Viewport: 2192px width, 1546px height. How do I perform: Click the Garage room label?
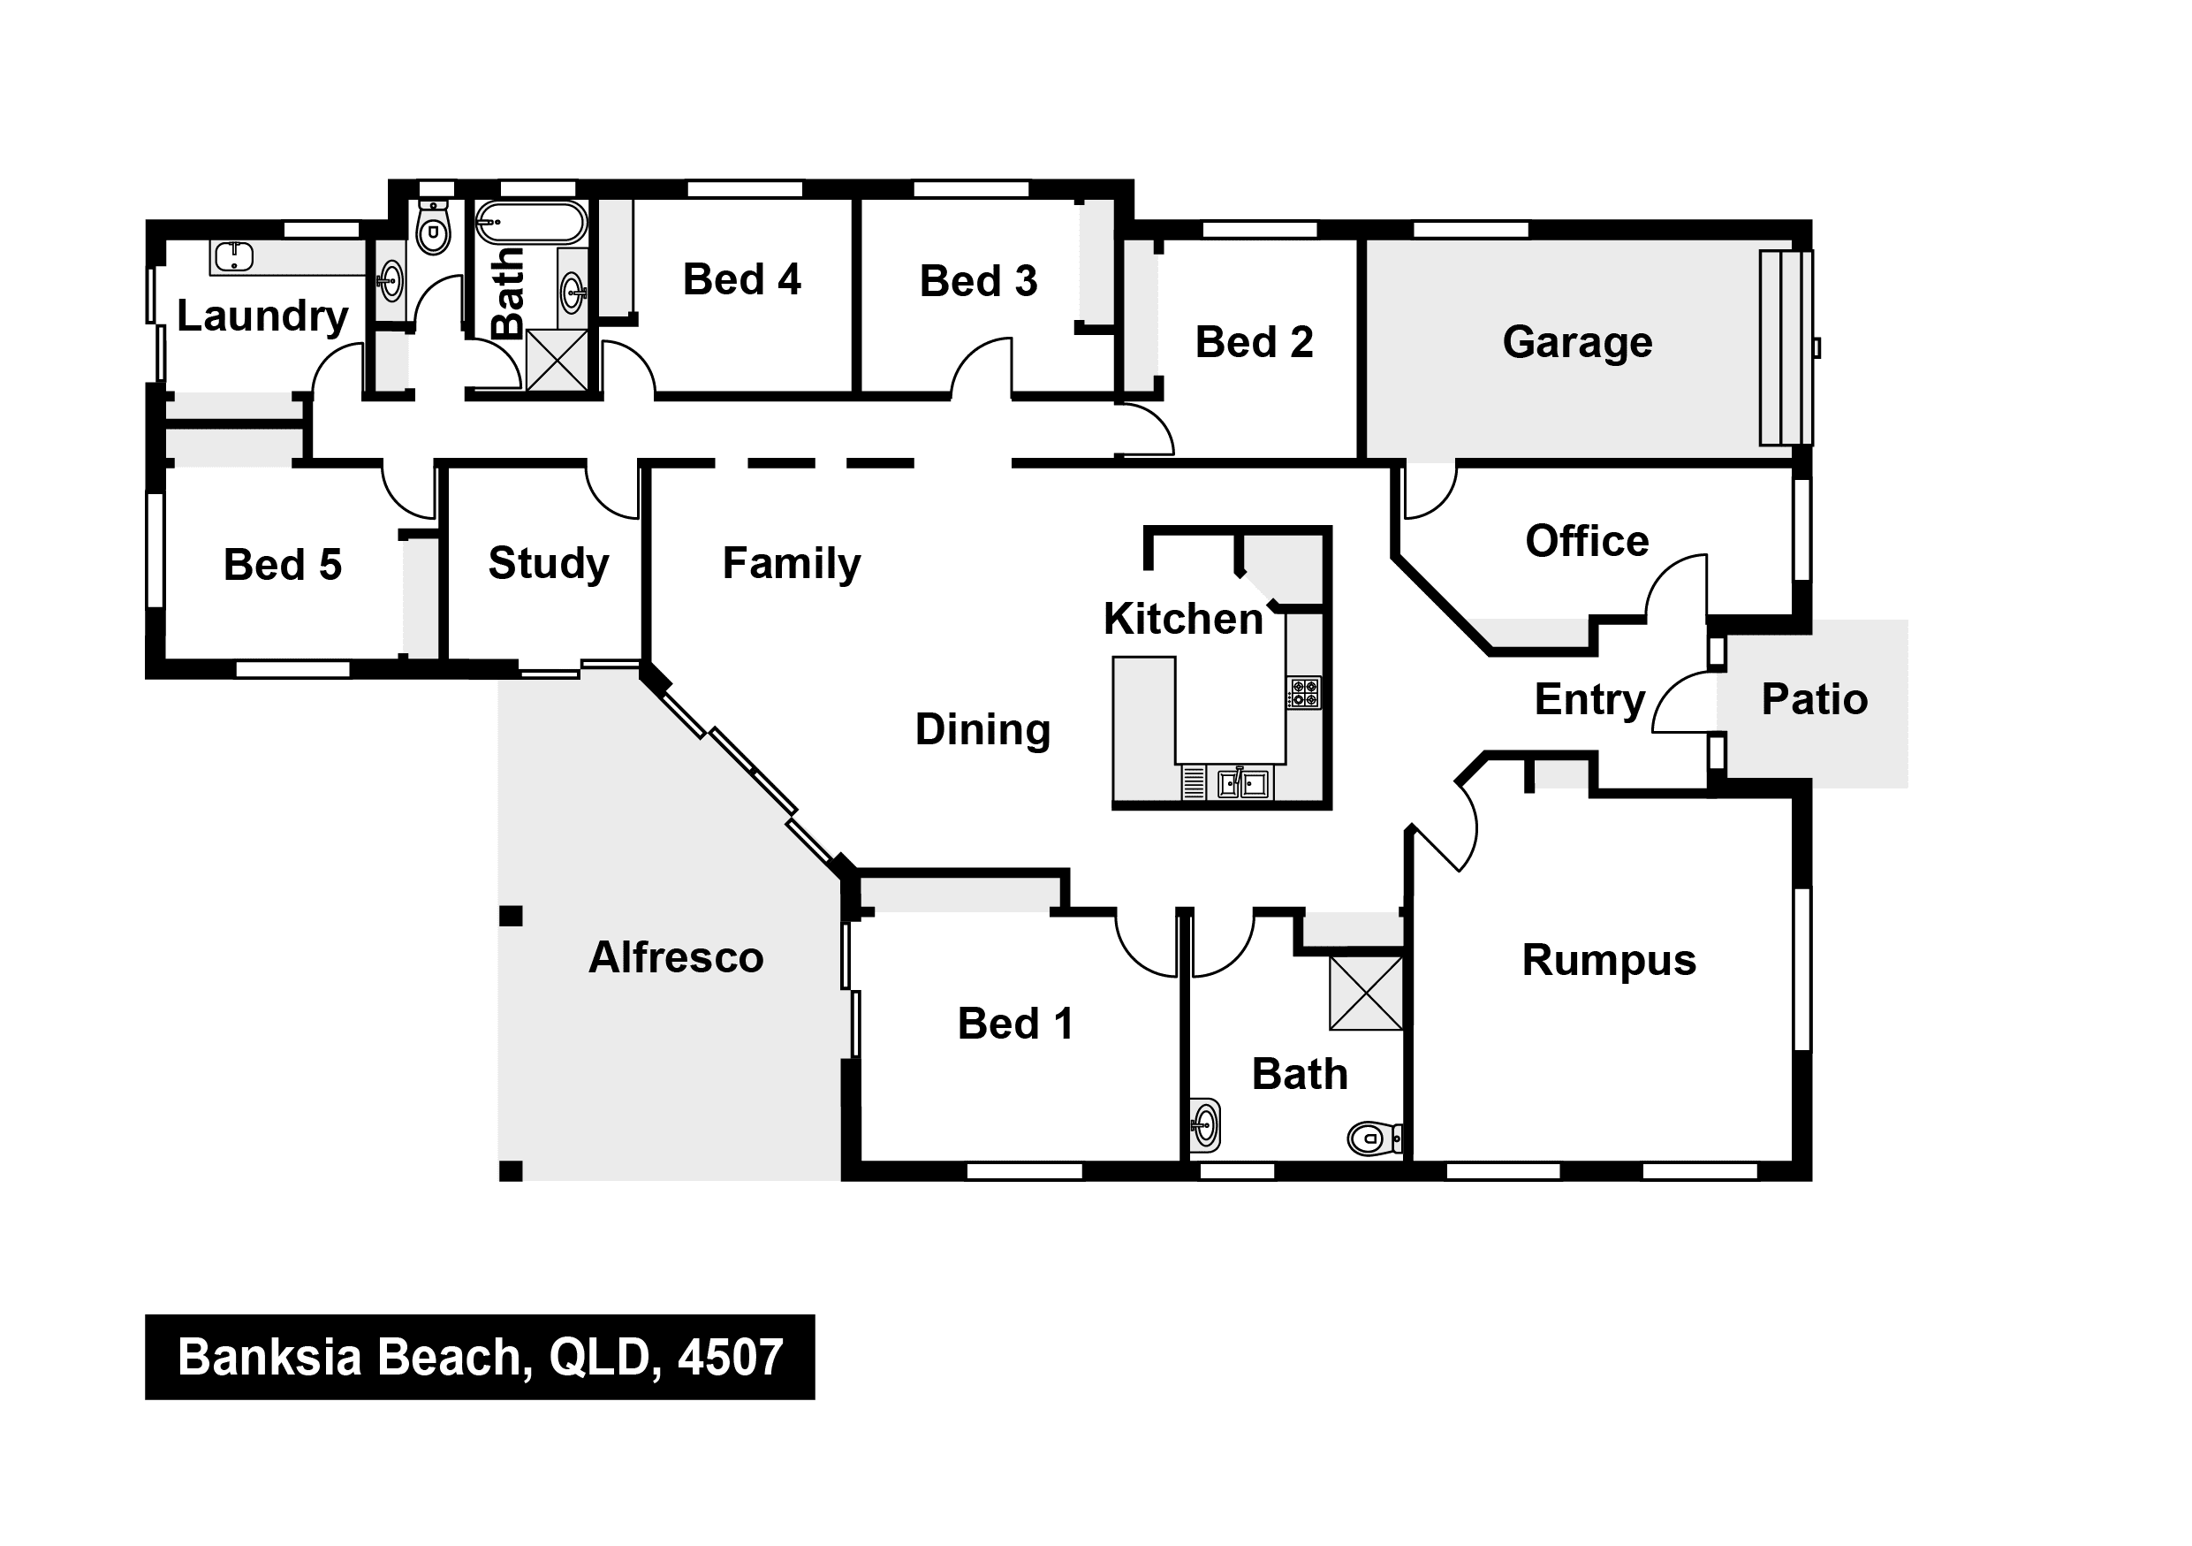tap(1577, 342)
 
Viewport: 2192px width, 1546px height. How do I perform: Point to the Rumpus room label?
tap(1609, 961)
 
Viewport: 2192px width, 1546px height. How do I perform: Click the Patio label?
tap(1814, 699)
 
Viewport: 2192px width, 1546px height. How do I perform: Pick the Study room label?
tap(548, 563)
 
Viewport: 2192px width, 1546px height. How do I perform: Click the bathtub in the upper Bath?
tap(531, 223)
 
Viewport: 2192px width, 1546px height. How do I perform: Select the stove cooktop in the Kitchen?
tap(1304, 692)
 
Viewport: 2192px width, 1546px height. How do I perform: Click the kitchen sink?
tap(1243, 783)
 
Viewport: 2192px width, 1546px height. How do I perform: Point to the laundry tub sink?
tap(233, 256)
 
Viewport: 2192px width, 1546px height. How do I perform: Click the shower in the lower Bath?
tap(1366, 994)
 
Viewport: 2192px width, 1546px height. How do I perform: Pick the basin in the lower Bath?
tap(1206, 1125)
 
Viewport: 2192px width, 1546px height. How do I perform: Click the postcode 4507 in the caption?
tap(731, 1357)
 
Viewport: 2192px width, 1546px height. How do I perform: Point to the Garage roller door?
tap(1786, 347)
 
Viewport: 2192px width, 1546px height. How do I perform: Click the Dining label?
tap(982, 730)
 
